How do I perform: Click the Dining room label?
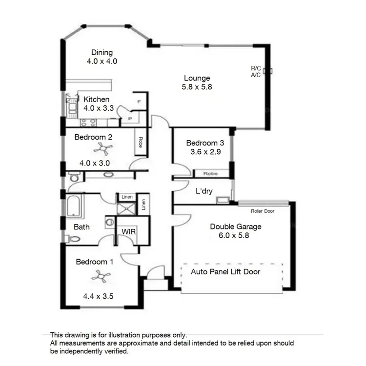[x=102, y=53]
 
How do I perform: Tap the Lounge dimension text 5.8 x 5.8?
[x=197, y=87]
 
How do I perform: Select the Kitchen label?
[x=96, y=99]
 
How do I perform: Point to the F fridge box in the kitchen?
[x=140, y=102]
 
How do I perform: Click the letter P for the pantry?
[x=130, y=119]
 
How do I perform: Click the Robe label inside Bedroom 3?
[x=211, y=173]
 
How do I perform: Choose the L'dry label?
[x=203, y=191]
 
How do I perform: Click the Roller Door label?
[x=263, y=211]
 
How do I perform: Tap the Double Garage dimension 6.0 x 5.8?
[x=235, y=235]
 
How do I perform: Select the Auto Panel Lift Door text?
[x=225, y=271]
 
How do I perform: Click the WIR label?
[x=128, y=231]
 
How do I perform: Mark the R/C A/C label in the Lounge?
[x=256, y=72]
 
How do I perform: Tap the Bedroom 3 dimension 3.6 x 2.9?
[x=205, y=152]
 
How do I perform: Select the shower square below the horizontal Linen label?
[x=125, y=208]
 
